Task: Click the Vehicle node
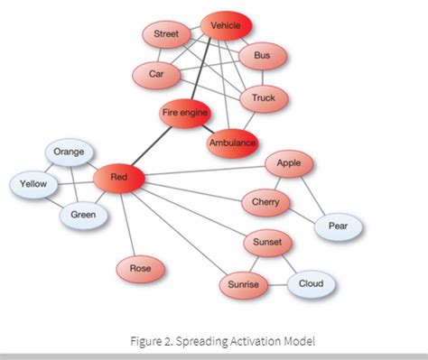click(226, 27)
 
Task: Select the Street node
click(167, 35)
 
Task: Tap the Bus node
click(263, 56)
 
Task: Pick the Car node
click(157, 74)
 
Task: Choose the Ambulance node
click(232, 143)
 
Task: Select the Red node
click(118, 179)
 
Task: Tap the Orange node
click(69, 152)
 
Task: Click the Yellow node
click(34, 185)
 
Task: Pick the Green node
click(83, 216)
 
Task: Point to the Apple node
click(289, 164)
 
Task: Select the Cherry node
click(265, 203)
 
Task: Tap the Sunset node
click(267, 244)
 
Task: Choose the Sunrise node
click(243, 285)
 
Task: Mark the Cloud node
click(312, 285)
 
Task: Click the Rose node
click(140, 268)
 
